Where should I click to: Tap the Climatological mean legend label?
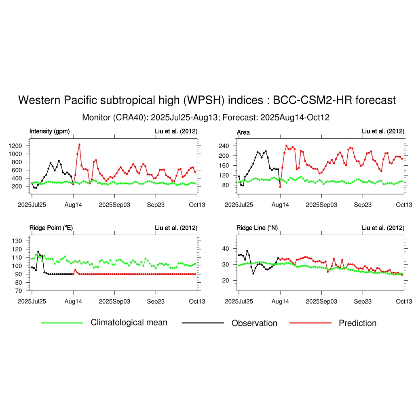[129, 322]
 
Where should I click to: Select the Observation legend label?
[254, 323]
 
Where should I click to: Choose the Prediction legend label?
[357, 323]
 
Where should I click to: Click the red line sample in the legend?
[310, 323]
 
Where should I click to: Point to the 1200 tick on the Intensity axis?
[15, 146]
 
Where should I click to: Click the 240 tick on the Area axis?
[224, 146]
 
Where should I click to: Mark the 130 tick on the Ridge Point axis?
[17, 241]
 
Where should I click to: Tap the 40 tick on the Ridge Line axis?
[226, 249]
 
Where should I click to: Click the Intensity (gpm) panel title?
[50, 131]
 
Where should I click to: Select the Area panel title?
[243, 132]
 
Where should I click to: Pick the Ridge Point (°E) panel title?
[51, 228]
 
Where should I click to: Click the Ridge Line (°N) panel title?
[257, 228]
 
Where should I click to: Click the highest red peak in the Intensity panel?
[80, 145]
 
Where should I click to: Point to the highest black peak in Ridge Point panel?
[38, 252]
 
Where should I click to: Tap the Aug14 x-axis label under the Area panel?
[280, 205]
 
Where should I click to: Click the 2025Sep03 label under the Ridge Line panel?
[321, 302]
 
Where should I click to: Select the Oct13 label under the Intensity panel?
[197, 205]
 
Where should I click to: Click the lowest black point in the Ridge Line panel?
[253, 274]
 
